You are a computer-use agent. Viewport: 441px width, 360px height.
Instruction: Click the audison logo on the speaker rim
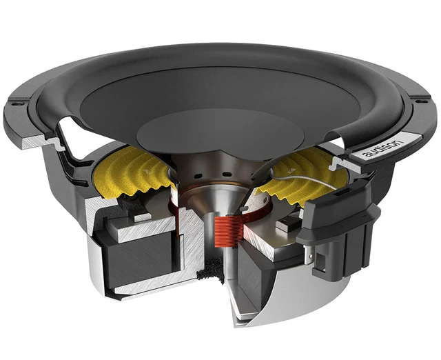(387, 146)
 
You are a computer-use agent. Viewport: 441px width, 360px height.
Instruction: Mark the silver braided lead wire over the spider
(303, 183)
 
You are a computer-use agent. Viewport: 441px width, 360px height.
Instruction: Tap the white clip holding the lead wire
(335, 163)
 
